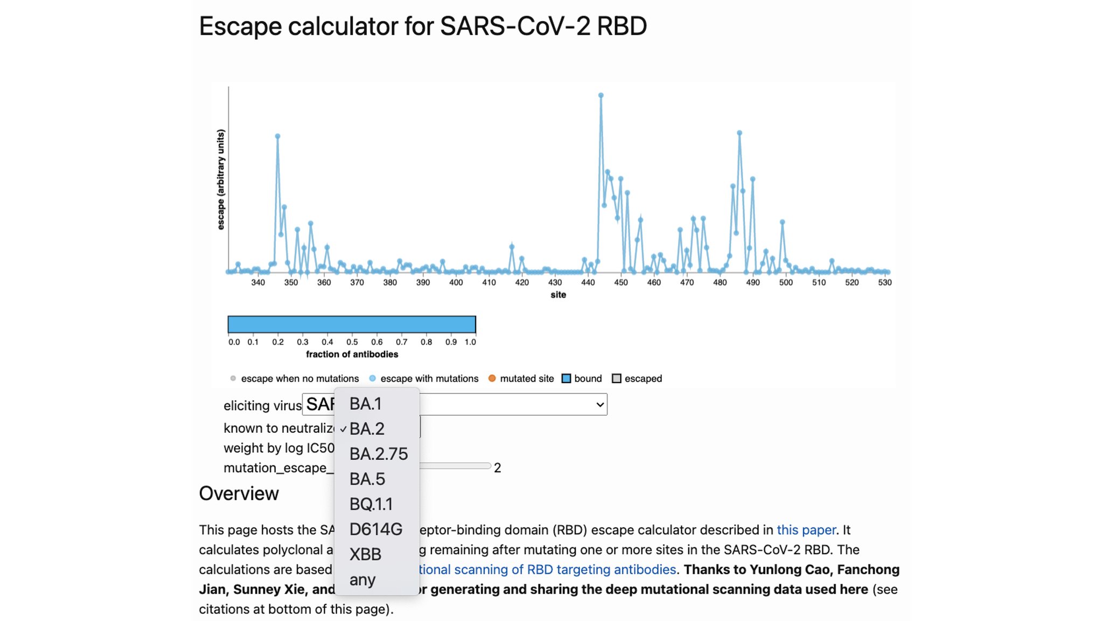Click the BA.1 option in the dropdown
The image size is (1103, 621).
(366, 404)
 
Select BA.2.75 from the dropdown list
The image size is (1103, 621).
(378, 454)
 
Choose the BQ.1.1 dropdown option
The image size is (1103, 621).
(371, 504)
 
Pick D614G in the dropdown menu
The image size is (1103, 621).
(375, 529)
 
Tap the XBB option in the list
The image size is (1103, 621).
(365, 554)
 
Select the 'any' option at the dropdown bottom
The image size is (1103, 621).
(362, 580)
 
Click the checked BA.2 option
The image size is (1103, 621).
(367, 429)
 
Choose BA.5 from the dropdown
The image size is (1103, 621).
(367, 479)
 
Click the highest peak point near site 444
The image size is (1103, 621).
(601, 95)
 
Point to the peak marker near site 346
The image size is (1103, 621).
(277, 136)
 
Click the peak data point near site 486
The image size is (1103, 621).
(739, 133)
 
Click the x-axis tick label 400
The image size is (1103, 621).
(456, 282)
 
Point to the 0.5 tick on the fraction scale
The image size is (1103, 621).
(352, 342)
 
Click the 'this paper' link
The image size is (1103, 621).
(806, 530)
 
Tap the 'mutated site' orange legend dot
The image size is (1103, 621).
(492, 378)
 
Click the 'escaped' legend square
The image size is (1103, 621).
(617, 378)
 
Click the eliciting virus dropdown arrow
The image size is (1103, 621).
(599, 405)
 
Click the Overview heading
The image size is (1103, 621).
(239, 494)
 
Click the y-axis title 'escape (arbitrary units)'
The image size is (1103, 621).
(221, 180)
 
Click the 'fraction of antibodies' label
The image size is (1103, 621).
(352, 354)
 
